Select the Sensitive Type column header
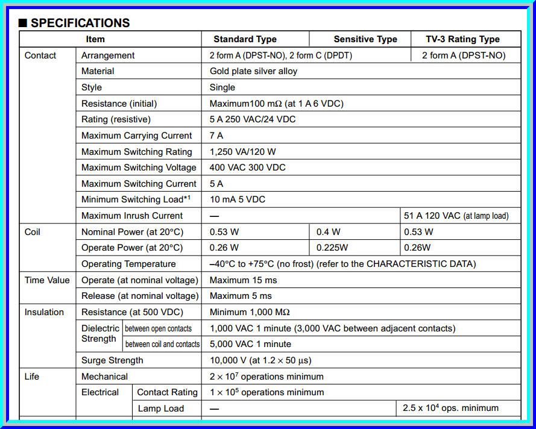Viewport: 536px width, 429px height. (365, 39)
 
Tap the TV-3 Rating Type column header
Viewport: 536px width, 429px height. (462, 39)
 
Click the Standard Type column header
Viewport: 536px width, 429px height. (245, 39)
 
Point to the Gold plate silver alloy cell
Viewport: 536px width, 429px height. (253, 71)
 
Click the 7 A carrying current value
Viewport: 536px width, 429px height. (216, 136)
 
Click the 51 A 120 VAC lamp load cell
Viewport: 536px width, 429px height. (456, 216)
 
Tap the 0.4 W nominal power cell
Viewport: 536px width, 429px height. (328, 232)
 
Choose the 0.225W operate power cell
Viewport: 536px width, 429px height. (333, 248)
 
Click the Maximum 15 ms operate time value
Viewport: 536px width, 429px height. (243, 280)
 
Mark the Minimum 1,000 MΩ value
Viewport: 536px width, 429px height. (250, 312)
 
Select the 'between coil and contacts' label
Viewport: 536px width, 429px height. (162, 344)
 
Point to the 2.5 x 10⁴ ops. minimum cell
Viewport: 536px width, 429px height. (450, 409)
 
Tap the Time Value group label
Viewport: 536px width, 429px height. (47, 280)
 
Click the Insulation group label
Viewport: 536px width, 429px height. (44, 312)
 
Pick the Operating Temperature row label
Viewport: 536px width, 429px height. (128, 264)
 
